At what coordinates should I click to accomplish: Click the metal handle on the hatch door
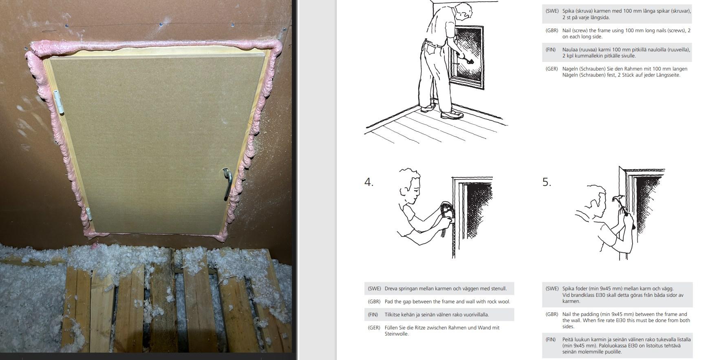tap(229, 184)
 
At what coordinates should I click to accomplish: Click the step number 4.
tap(368, 182)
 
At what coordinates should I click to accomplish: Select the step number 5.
tap(547, 182)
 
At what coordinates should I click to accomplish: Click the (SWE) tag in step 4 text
tap(374, 289)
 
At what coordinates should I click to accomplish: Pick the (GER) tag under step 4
tap(374, 328)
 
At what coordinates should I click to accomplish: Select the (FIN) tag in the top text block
tap(551, 50)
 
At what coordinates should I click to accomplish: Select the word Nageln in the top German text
tap(570, 69)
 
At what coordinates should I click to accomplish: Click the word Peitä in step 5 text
tap(568, 340)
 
